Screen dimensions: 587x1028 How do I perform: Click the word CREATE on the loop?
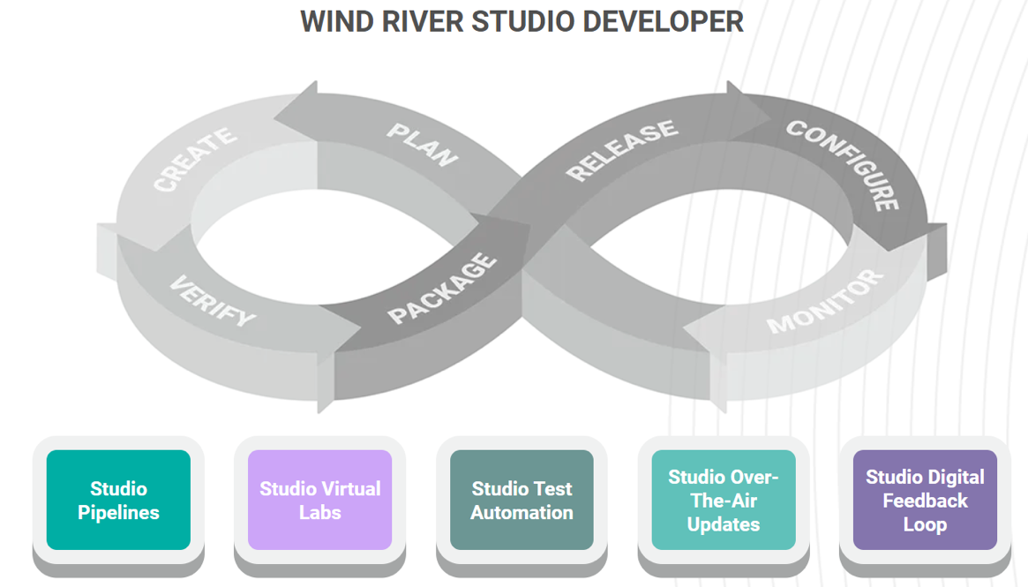(195, 159)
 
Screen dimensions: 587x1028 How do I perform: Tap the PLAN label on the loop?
(423, 145)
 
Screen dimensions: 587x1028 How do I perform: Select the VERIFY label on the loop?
(213, 300)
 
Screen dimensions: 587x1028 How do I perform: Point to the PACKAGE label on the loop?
(442, 288)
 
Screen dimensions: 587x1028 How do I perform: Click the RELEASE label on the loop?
(622, 151)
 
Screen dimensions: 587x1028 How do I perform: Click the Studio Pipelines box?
(118, 500)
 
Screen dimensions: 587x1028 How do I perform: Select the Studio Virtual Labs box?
(319, 500)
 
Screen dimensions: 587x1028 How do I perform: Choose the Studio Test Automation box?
(522, 500)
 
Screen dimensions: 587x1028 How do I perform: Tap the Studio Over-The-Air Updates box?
(724, 500)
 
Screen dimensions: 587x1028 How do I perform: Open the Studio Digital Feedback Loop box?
(925, 500)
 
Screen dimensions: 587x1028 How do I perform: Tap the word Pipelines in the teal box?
(118, 512)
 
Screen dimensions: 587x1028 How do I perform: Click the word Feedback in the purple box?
(925, 500)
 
